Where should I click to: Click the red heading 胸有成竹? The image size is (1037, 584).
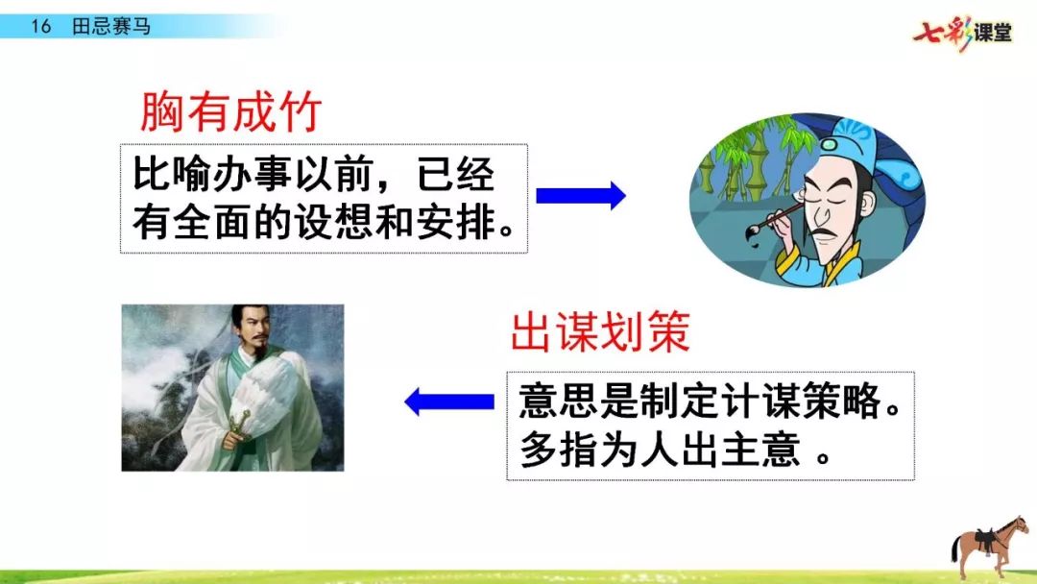click(231, 111)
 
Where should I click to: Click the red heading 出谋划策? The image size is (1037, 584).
click(600, 331)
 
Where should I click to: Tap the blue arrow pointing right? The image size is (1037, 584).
click(581, 196)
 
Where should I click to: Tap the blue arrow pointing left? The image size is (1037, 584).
click(449, 401)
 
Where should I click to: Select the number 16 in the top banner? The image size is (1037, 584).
click(40, 27)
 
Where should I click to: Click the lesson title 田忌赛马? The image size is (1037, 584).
click(111, 27)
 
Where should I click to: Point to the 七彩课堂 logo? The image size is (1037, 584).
click(963, 32)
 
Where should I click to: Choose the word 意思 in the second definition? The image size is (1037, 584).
click(559, 401)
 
